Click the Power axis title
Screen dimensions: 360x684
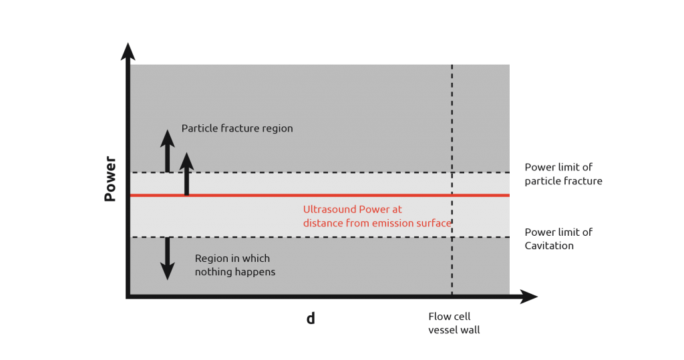tap(110, 179)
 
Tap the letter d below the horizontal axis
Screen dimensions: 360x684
tap(311, 319)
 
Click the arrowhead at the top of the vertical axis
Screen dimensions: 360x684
tap(128, 52)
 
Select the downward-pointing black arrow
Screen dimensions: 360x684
tap(167, 258)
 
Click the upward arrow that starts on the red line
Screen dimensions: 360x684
tap(187, 174)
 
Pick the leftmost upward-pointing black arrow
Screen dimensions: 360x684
tap(167, 150)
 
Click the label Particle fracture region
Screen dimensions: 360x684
tap(237, 128)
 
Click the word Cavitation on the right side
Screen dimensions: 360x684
tap(549, 246)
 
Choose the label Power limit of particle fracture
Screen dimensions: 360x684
tap(563, 174)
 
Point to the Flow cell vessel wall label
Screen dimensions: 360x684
tap(454, 323)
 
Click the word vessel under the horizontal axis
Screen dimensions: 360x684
tap(442, 330)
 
